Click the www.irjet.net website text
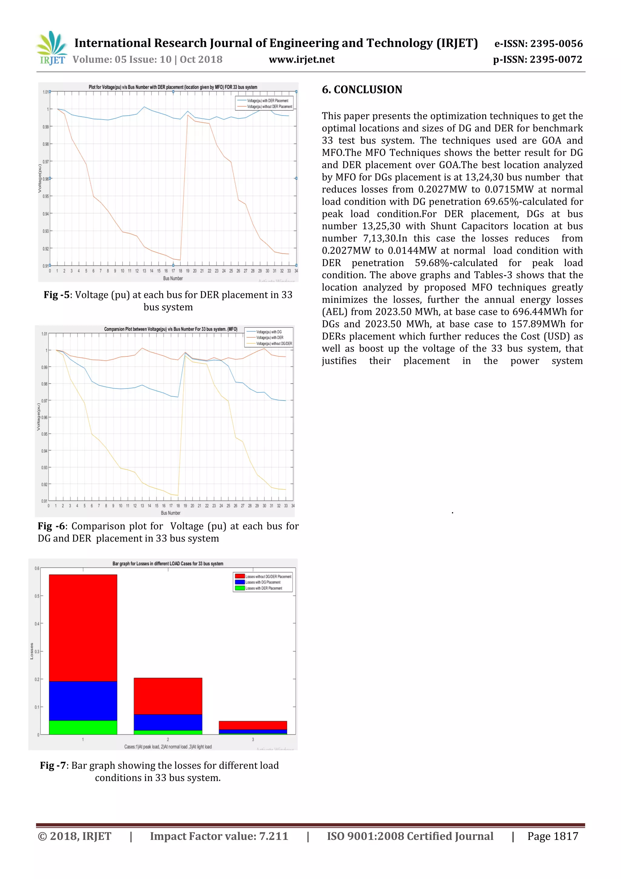pyautogui.click(x=301, y=59)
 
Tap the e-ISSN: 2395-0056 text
pyautogui.click(x=538, y=44)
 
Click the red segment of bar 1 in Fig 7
pyautogui.click(x=83, y=628)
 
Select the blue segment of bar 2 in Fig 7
pyautogui.click(x=168, y=722)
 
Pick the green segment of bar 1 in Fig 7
pyautogui.click(x=83, y=727)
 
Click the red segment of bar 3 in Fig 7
pyautogui.click(x=253, y=725)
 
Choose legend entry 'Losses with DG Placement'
pyautogui.click(x=263, y=582)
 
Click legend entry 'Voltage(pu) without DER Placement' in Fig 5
pyautogui.click(x=269, y=107)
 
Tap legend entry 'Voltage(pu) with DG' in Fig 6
pyautogui.click(x=269, y=332)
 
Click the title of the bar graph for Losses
pyautogui.click(x=168, y=563)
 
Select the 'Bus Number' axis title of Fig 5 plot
pyautogui.click(x=173, y=278)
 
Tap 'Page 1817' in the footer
pyautogui.click(x=552, y=836)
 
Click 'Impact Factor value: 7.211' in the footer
pyautogui.click(x=219, y=836)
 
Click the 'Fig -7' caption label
pyautogui.click(x=53, y=765)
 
